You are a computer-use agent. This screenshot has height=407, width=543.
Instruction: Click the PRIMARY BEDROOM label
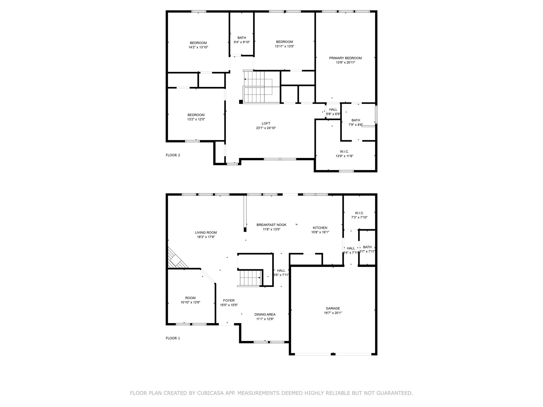[345, 58]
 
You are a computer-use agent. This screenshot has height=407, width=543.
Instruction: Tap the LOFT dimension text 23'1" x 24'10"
[266, 128]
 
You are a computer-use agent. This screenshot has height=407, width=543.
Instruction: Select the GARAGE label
[333, 308]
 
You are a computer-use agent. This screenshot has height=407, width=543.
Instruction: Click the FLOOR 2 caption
[173, 155]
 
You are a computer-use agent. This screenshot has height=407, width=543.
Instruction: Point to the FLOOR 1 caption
[173, 338]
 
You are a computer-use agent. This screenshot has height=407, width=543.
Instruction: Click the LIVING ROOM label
[206, 233]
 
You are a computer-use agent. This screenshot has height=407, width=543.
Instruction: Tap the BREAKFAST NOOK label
[271, 225]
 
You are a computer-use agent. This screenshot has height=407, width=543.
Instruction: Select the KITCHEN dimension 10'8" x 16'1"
[320, 232]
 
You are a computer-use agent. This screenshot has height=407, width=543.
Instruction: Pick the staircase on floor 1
[249, 278]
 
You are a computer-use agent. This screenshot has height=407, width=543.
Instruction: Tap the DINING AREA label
[265, 315]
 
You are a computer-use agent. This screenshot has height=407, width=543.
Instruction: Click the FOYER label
[229, 300]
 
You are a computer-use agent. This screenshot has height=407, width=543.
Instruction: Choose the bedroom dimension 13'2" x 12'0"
[196, 119]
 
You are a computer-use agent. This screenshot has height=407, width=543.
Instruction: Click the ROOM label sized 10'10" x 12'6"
[190, 298]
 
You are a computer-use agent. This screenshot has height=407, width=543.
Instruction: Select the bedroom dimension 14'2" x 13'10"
[198, 47]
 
